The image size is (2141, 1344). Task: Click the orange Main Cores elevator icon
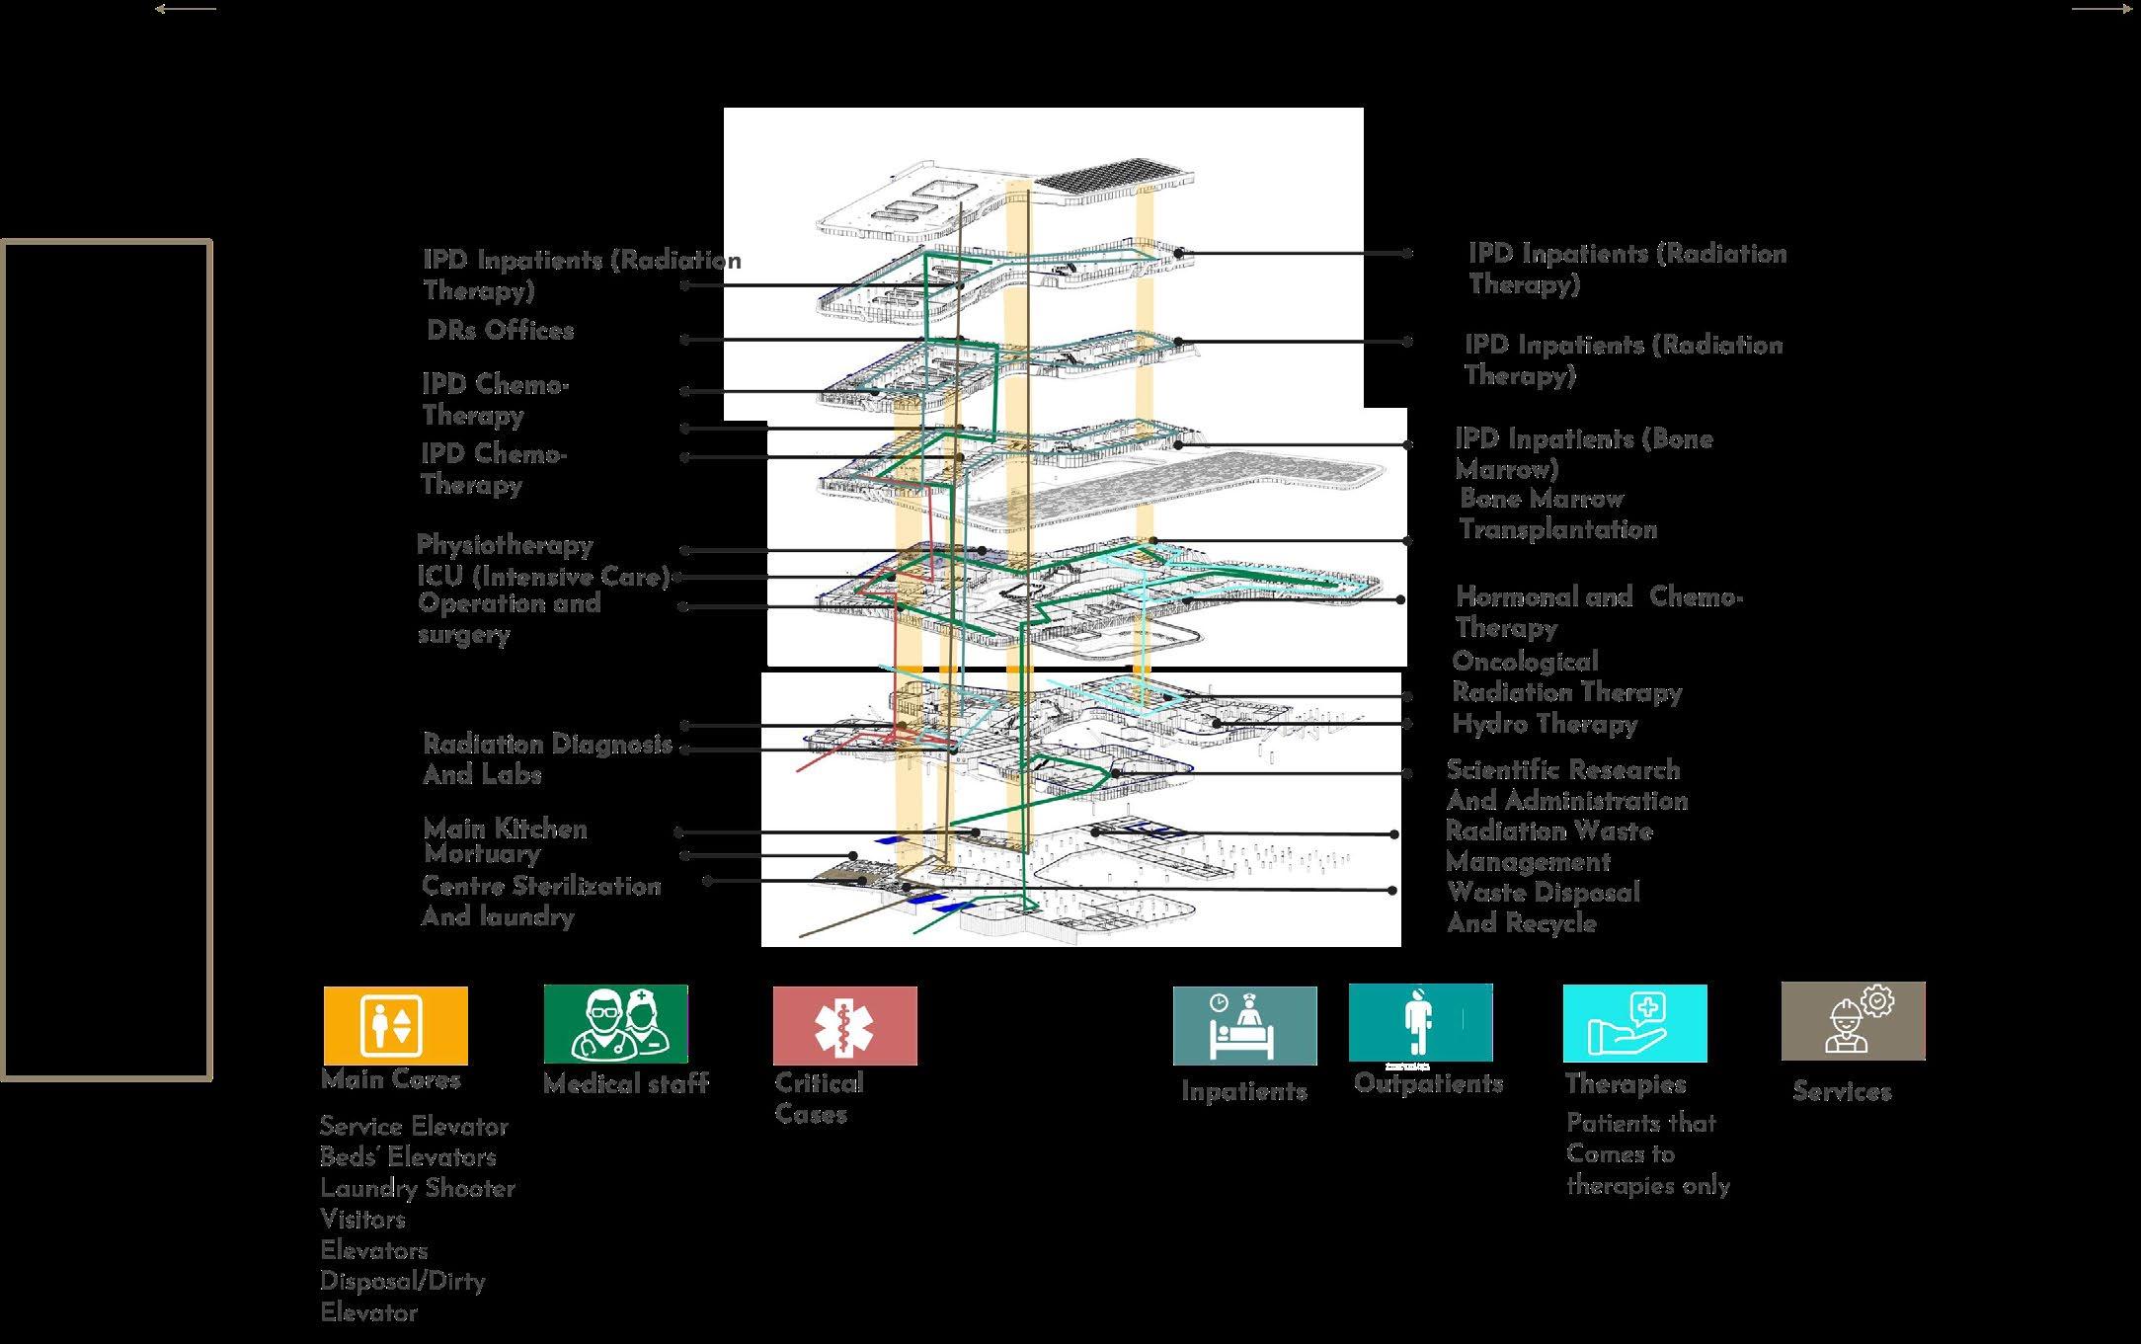(x=395, y=1025)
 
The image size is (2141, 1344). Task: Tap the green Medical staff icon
(x=615, y=1024)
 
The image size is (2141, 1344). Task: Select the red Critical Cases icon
(x=844, y=1025)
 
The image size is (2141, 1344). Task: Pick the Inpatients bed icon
(x=1244, y=1025)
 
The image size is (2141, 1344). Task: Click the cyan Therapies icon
(x=1634, y=1023)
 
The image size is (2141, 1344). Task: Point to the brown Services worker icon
(x=1853, y=1021)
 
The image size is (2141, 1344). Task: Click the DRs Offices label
(x=500, y=331)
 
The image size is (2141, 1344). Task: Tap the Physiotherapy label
(x=505, y=545)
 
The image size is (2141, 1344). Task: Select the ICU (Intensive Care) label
(x=543, y=577)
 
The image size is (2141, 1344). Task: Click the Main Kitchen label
(x=505, y=829)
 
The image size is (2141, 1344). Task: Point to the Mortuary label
(x=482, y=853)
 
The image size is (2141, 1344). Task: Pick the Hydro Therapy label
(x=1545, y=724)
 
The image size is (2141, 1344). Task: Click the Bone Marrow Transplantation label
(x=1557, y=514)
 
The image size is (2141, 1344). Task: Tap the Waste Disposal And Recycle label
(x=1543, y=908)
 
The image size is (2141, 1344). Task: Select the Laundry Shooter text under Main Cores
(x=417, y=1188)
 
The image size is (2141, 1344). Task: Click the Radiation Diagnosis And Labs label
(x=546, y=758)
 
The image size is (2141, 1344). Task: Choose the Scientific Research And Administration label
(x=1566, y=785)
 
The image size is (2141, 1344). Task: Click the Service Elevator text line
(x=414, y=1127)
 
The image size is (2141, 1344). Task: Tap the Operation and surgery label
(x=509, y=618)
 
